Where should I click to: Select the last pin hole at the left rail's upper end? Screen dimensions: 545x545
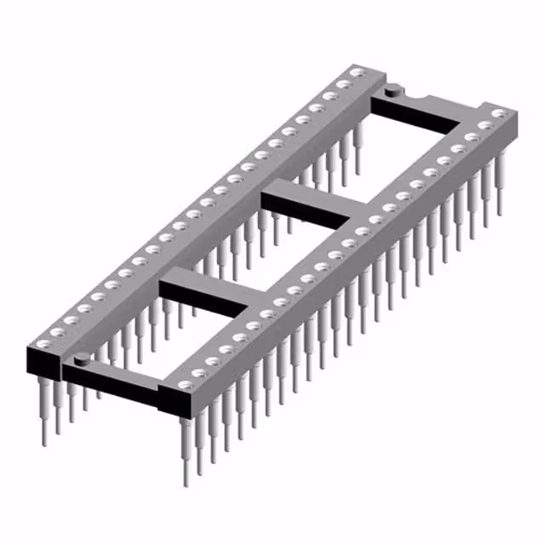(x=359, y=73)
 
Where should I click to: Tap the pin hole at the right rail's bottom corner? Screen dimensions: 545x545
(x=185, y=387)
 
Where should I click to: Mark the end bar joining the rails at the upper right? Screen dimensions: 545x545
(x=426, y=111)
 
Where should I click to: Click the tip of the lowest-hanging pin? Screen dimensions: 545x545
(x=186, y=482)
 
